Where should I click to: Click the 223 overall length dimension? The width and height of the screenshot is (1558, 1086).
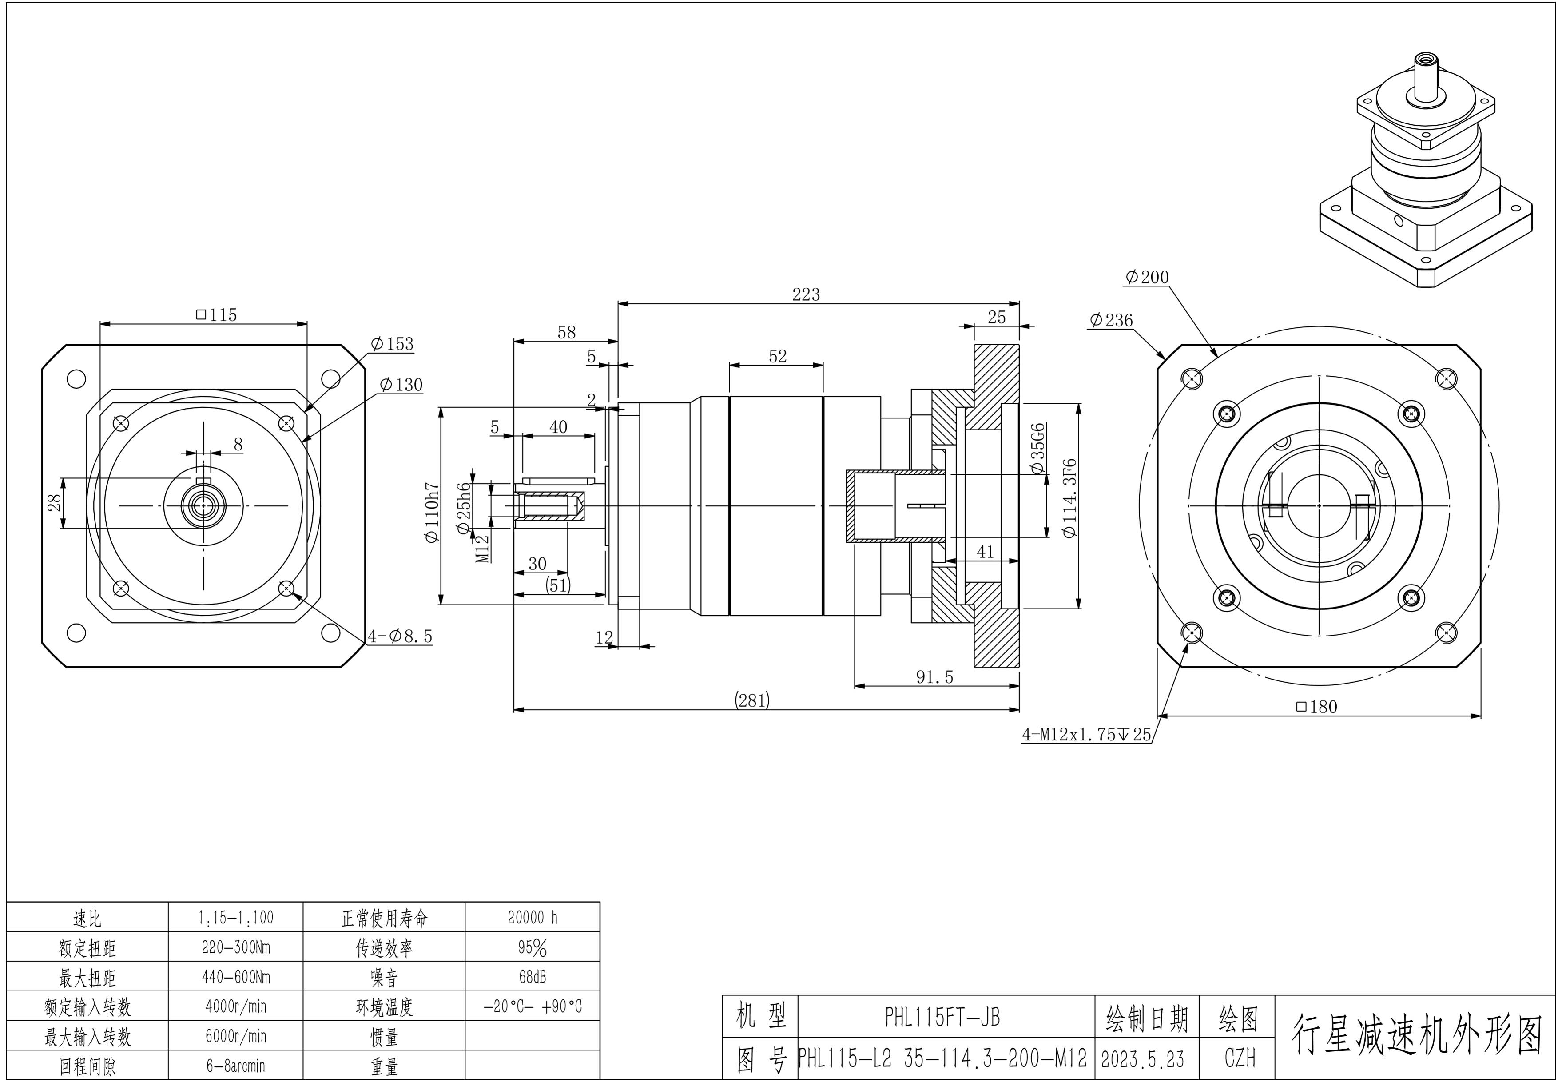tap(806, 294)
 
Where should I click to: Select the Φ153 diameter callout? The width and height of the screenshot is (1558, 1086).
tap(392, 344)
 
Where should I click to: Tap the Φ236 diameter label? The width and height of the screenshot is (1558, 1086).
tap(1111, 320)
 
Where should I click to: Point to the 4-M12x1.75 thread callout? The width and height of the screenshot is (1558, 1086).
tap(1086, 734)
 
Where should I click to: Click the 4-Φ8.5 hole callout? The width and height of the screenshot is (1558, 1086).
tap(400, 636)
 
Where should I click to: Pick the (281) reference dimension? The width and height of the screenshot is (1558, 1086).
tap(752, 700)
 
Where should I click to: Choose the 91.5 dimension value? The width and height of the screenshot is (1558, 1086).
tap(934, 677)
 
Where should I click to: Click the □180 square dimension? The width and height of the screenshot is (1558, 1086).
tap(1316, 707)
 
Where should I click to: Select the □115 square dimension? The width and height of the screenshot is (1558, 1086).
tap(216, 315)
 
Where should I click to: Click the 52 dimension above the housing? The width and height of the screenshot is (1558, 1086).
tap(778, 356)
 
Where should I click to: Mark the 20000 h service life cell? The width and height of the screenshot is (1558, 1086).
tap(532, 918)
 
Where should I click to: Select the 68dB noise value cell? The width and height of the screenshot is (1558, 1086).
tap(532, 977)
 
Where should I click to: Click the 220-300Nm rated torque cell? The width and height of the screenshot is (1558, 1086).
tap(235, 947)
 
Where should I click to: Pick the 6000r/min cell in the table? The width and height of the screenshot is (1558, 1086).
tap(235, 1036)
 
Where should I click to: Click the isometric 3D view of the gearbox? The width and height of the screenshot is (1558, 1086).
tap(1425, 176)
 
